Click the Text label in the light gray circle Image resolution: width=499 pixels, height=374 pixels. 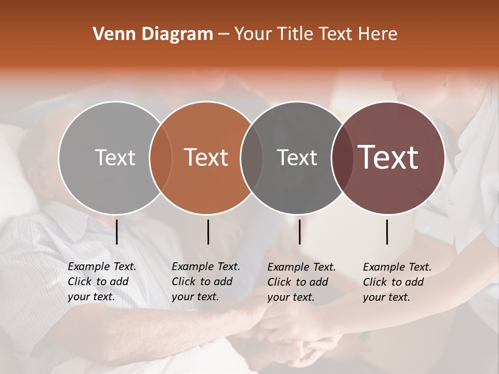[x=115, y=157]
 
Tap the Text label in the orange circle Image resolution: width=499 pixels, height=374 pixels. [x=206, y=157]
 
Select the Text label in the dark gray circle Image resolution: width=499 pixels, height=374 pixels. [x=297, y=157]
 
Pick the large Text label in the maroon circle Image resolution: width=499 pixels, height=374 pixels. [x=388, y=157]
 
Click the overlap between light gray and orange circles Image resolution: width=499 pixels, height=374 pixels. [x=161, y=157]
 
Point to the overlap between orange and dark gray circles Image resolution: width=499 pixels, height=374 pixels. [x=252, y=157]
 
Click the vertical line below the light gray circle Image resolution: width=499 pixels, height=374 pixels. [x=116, y=232]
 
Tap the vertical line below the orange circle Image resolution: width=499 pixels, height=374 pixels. [x=208, y=232]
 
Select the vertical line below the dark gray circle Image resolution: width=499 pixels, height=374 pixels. [x=299, y=232]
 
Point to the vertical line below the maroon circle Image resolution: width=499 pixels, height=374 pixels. [x=387, y=232]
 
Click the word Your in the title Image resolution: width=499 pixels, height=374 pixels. [x=253, y=34]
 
